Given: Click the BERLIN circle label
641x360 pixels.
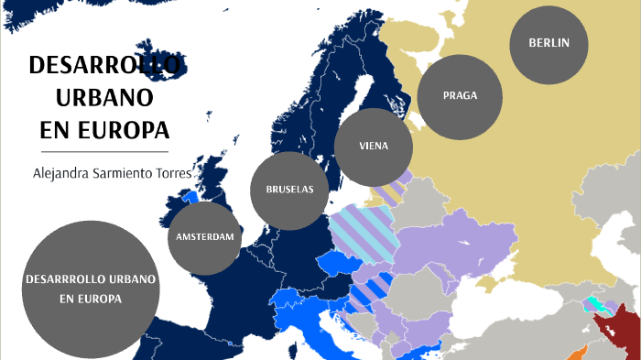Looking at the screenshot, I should [549, 43].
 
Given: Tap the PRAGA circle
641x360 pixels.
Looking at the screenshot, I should [460, 95].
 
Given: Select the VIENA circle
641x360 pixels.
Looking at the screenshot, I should [374, 146].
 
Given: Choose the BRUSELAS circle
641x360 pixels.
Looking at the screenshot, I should [289, 190].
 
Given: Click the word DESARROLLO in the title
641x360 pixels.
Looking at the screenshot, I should [106, 66].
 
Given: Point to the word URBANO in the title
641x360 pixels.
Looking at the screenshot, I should [104, 96].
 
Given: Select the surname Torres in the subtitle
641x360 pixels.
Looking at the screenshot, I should [174, 172].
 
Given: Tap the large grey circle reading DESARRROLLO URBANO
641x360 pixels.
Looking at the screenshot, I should [91, 288].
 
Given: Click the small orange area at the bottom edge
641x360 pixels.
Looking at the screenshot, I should [577, 354].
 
